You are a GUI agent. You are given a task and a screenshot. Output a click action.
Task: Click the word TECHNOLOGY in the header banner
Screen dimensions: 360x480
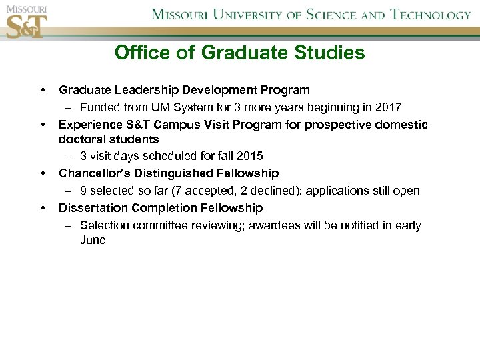coord(431,15)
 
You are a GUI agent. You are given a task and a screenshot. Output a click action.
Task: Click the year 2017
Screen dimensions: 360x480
coord(388,107)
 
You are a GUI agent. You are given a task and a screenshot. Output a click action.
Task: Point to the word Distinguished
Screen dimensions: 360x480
coord(177,173)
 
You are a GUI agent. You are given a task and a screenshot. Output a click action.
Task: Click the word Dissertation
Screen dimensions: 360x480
coord(91,208)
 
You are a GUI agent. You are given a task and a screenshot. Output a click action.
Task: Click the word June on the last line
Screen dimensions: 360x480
coord(93,240)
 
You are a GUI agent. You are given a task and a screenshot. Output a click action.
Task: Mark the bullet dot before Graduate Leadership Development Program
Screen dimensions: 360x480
coord(43,90)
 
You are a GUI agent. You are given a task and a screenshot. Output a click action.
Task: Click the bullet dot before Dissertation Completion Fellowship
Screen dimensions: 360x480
coord(43,208)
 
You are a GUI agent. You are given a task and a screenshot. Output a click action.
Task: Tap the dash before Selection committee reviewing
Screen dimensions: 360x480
coord(69,225)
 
